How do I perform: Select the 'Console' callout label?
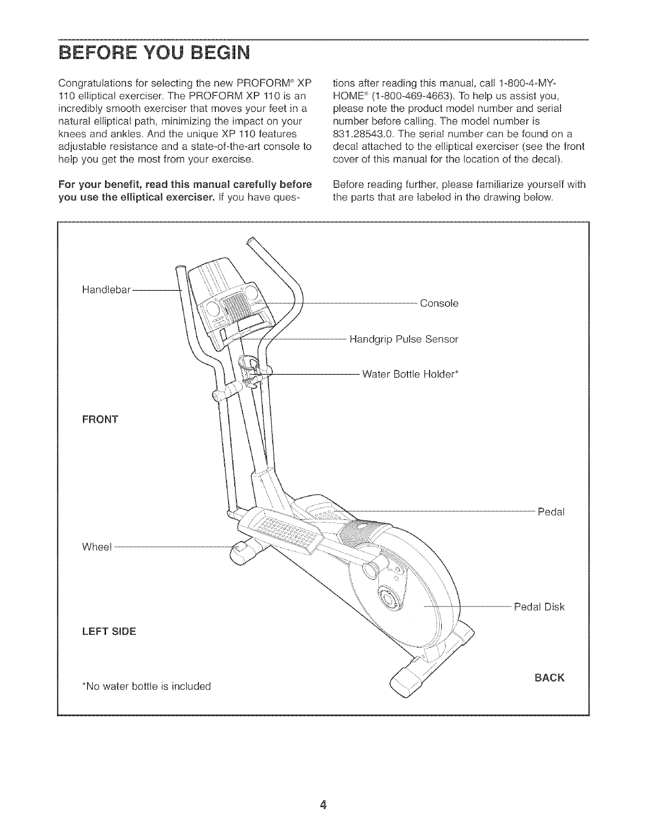[439, 303]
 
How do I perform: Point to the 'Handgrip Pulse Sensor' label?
[404, 339]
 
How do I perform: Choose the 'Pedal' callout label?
[551, 512]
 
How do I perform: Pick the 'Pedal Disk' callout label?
[539, 607]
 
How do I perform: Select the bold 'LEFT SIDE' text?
[109, 631]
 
